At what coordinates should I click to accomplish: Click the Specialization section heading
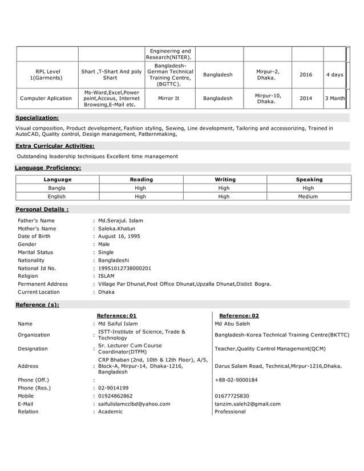tap(37, 118)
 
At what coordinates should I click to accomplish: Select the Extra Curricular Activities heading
tap(55, 146)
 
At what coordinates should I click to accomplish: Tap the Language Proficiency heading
tap(47, 168)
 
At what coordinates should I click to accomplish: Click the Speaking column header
tap(309, 180)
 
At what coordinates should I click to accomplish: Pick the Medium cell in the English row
tap(309, 197)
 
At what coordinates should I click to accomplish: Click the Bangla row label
tap(57, 188)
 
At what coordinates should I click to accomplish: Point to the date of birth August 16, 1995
tap(119, 237)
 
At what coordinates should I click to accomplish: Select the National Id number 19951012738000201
tap(124, 268)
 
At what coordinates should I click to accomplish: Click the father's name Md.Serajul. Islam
tap(120, 221)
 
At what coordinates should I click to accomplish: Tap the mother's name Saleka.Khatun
tap(116, 229)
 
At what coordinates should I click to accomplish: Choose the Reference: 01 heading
tap(116, 315)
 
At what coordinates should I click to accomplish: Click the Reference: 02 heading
tap(238, 315)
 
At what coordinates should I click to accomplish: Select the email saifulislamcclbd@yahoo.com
tap(134, 404)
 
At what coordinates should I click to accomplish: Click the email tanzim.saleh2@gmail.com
tap(247, 404)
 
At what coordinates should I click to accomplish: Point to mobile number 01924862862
tap(115, 396)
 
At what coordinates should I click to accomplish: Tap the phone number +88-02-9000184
tap(236, 380)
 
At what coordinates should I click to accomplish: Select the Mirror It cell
tap(168, 99)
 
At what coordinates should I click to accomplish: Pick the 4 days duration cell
tap(334, 75)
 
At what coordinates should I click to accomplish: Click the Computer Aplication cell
tap(46, 99)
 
